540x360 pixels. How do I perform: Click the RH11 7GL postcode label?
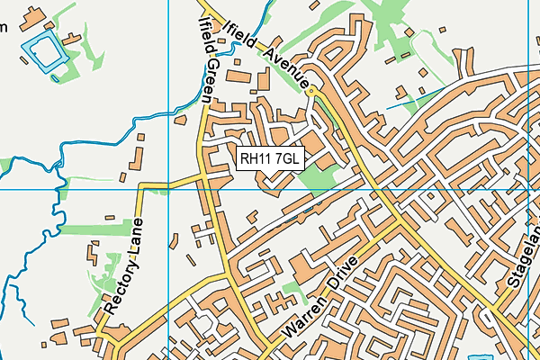point(271,159)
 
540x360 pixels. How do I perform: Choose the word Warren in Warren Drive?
point(303,317)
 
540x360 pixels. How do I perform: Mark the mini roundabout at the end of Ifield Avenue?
point(311,91)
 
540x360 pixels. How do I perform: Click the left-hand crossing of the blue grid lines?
point(168,190)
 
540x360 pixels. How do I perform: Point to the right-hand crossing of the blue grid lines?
point(527,190)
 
